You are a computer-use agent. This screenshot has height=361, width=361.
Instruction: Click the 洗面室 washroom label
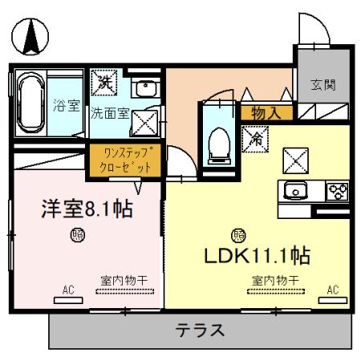[x=108, y=113]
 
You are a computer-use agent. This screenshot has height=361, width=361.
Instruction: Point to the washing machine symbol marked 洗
[x=106, y=81]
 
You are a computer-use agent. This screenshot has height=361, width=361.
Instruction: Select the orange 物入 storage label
[x=266, y=113]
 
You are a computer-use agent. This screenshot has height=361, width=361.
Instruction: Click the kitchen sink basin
[x=295, y=191]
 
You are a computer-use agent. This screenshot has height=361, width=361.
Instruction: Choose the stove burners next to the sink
[x=336, y=191]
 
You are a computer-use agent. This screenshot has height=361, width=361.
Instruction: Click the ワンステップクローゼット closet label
[x=126, y=159]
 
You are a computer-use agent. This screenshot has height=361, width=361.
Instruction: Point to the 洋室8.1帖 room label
[x=87, y=209]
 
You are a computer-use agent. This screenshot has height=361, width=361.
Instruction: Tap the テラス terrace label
[x=200, y=330]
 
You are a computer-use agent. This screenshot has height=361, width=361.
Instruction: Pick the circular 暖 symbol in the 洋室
[x=77, y=235]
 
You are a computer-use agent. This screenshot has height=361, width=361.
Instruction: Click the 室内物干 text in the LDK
[x=275, y=280]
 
